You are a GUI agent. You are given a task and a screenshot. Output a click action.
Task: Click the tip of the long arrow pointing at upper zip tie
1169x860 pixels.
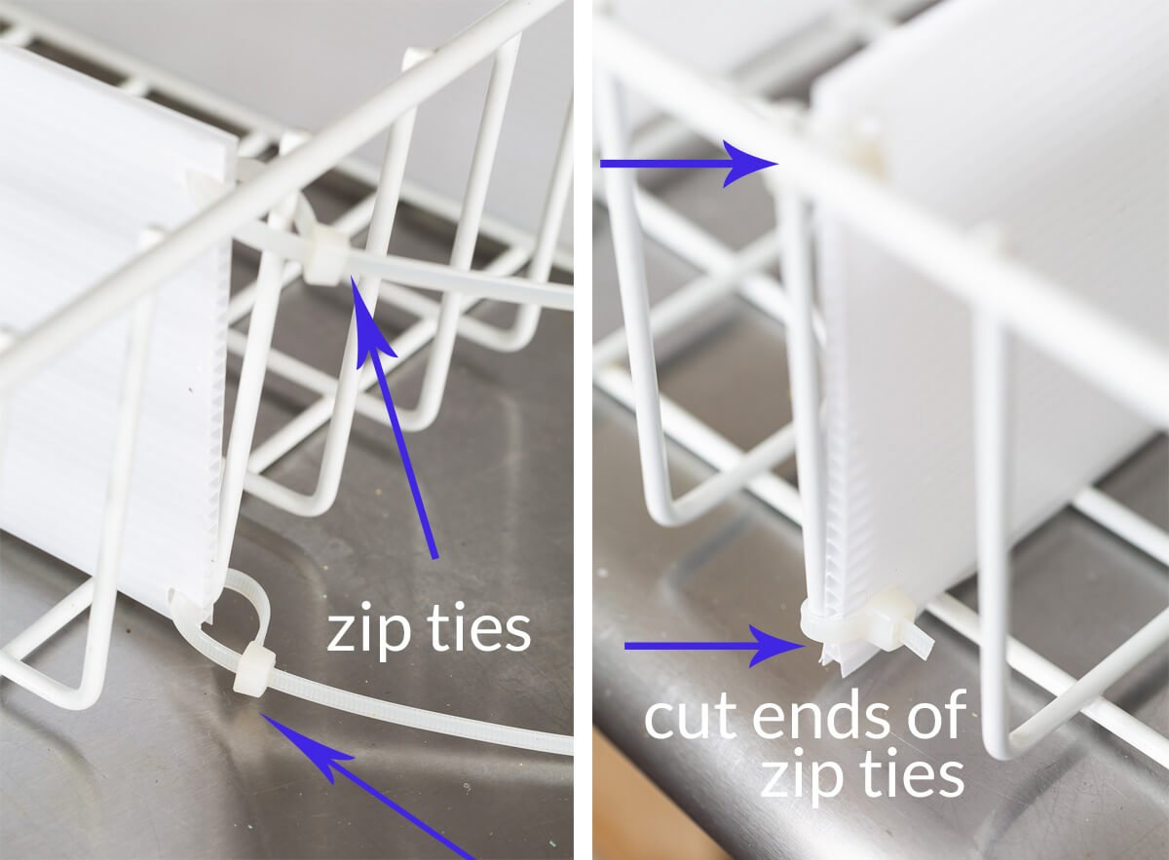[352, 277]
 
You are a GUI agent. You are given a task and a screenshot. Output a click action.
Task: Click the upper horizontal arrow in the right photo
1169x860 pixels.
[689, 164]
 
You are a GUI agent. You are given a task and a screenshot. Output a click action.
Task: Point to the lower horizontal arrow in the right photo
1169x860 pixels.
[714, 646]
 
